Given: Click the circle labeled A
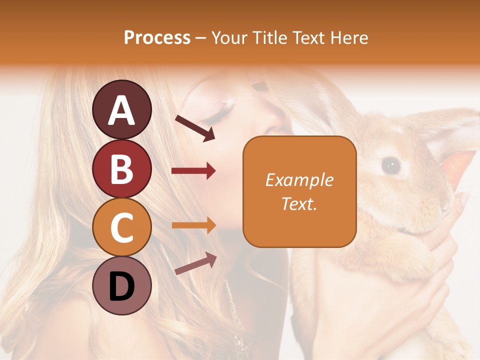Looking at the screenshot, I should coord(122,109).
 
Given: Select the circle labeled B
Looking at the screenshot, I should coord(122,168).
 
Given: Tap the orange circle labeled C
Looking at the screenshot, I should coord(122,227).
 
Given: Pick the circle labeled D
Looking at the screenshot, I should coord(122,286).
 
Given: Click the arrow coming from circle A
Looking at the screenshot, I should coord(195,127).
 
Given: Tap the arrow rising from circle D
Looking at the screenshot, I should coord(195,263).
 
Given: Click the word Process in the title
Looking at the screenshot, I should coord(157,37).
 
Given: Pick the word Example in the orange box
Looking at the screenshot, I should coord(299,180).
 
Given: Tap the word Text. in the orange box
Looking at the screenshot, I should coord(299,203).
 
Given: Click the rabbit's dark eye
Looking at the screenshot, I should coord(390,165).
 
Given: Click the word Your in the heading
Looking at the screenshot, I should coord(229,37).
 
